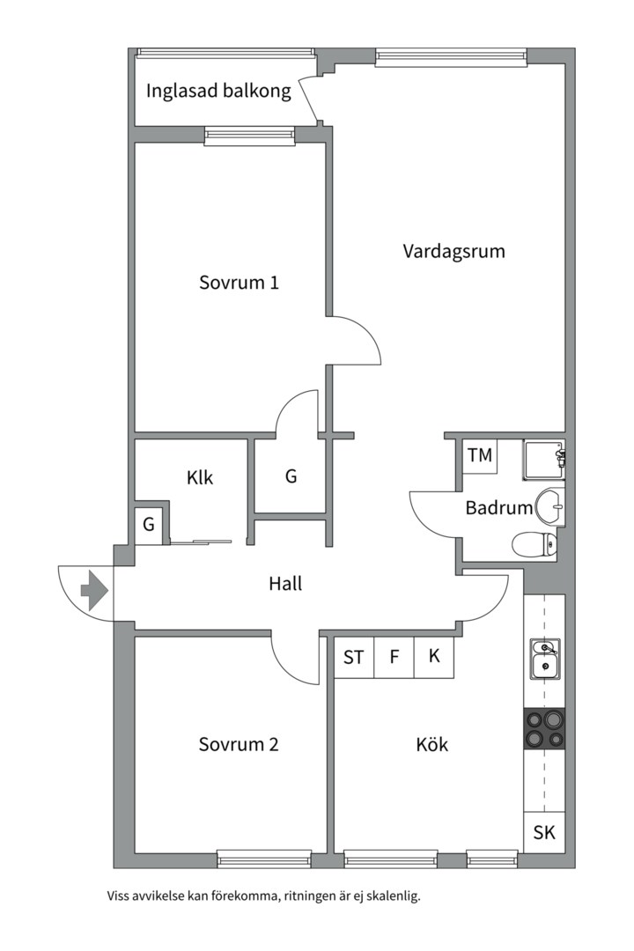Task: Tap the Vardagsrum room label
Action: coord(453,251)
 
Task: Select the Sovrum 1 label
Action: coord(239,283)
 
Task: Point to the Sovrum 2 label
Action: coord(239,744)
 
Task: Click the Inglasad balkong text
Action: coord(218,91)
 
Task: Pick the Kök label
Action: coord(432,744)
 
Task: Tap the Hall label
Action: coord(285,584)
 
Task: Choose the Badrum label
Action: coord(498,508)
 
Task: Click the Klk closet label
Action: coord(200,478)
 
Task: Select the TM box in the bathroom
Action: coord(480,455)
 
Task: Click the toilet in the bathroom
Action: coord(534,544)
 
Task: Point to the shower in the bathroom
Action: coord(544,461)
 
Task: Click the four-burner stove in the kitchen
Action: coord(544,728)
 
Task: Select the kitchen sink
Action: coord(545,660)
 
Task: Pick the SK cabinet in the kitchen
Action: coord(544,832)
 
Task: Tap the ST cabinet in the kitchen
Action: coord(354,657)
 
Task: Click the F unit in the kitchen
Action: coord(394,657)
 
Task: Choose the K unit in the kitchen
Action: coord(434,657)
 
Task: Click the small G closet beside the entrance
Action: coord(149,524)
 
